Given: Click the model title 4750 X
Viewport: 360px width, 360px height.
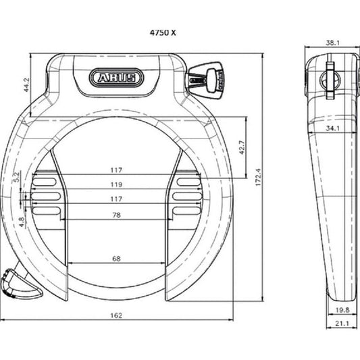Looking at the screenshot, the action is click(x=163, y=33).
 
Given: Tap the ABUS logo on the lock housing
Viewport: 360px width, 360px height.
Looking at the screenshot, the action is click(x=116, y=78).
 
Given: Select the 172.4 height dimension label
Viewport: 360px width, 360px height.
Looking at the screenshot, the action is click(x=258, y=177).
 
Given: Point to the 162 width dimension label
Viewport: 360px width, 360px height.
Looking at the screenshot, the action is click(x=116, y=315).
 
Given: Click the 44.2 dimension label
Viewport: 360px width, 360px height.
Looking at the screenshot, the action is click(x=26, y=84).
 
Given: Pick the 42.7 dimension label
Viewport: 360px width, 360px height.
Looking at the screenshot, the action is click(x=242, y=147).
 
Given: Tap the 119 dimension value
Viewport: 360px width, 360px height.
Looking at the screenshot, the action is click(x=116, y=184).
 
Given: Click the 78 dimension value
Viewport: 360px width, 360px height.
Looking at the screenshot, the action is click(x=116, y=215).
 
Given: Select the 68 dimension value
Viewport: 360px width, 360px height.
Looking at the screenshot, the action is click(x=116, y=259).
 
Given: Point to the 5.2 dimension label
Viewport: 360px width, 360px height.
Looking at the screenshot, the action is click(x=16, y=177).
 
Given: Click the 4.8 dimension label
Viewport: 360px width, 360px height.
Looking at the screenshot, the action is click(x=22, y=222).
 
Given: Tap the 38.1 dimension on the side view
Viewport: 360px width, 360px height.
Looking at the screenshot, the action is click(x=333, y=43).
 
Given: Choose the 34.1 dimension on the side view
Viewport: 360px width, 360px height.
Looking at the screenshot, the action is click(x=333, y=128).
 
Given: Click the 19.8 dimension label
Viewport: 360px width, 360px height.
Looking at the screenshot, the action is click(x=342, y=310).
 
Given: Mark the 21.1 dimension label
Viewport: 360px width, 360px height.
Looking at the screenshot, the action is click(x=342, y=324).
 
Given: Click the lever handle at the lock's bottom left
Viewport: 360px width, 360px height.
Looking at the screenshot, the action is click(x=22, y=284).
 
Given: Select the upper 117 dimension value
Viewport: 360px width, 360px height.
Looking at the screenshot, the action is click(x=116, y=170).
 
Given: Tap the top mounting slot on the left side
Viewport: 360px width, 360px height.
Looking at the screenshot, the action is click(x=45, y=182).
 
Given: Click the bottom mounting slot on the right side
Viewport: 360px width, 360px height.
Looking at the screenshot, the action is click(x=186, y=211).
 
